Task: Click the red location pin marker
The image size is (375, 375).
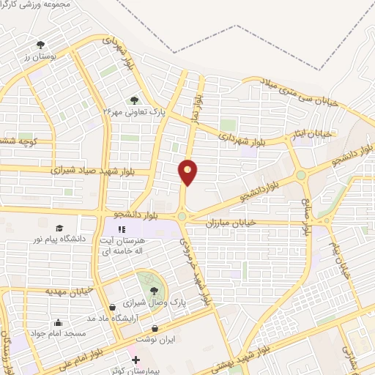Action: [x=188, y=171]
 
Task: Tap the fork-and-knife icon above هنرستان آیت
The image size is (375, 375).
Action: [x=132, y=229]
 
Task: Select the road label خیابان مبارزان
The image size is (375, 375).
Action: [x=231, y=220]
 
